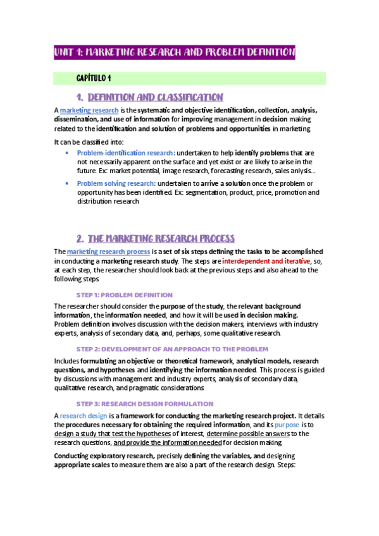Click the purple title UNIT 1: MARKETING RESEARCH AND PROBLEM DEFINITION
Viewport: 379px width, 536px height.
click(x=175, y=52)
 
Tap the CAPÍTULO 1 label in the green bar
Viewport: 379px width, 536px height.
click(x=94, y=78)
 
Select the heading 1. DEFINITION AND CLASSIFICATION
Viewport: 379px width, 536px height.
click(x=149, y=97)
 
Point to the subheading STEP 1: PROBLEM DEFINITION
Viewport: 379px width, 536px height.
click(x=125, y=295)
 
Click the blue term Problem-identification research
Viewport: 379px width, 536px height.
click(x=125, y=153)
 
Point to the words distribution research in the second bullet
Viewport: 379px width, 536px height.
click(x=108, y=202)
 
